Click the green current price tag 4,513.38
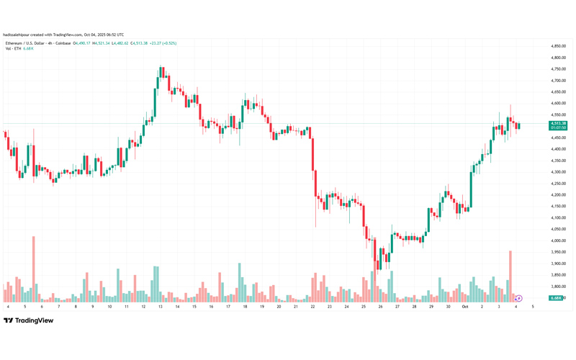point(558,124)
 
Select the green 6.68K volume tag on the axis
point(555,298)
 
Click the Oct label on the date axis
point(465,307)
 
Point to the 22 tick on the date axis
point(312,307)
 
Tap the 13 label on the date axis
point(160,307)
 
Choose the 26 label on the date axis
point(380,307)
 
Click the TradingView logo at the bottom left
point(29,320)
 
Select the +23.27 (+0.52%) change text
point(163,43)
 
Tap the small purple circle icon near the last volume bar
point(518,298)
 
